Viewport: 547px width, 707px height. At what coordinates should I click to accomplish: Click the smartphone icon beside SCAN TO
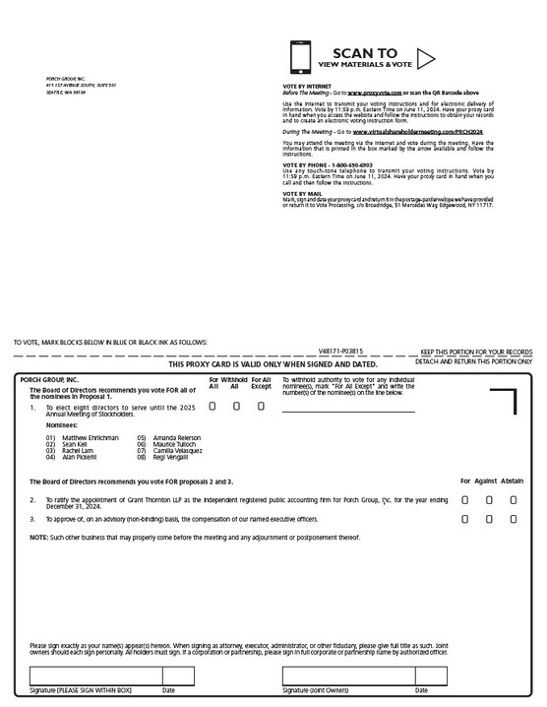[x=300, y=58]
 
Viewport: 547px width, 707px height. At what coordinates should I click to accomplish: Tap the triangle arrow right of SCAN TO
[x=426, y=58]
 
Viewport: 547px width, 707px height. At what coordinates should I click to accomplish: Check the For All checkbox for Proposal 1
[x=213, y=407]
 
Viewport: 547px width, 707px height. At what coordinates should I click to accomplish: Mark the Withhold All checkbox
[x=235, y=407]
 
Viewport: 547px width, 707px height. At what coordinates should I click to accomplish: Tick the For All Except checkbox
[x=261, y=407]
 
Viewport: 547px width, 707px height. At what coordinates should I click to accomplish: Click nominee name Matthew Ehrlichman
[x=90, y=437]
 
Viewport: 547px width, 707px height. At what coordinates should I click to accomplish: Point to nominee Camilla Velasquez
[x=176, y=451]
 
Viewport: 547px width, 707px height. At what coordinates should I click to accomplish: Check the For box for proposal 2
[x=465, y=500]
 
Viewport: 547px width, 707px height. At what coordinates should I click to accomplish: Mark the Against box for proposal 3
[x=489, y=518]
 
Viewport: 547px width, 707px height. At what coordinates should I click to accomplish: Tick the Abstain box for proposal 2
[x=513, y=500]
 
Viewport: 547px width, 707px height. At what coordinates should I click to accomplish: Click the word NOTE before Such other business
[x=38, y=537]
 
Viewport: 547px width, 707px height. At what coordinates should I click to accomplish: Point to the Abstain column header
[x=513, y=481]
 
